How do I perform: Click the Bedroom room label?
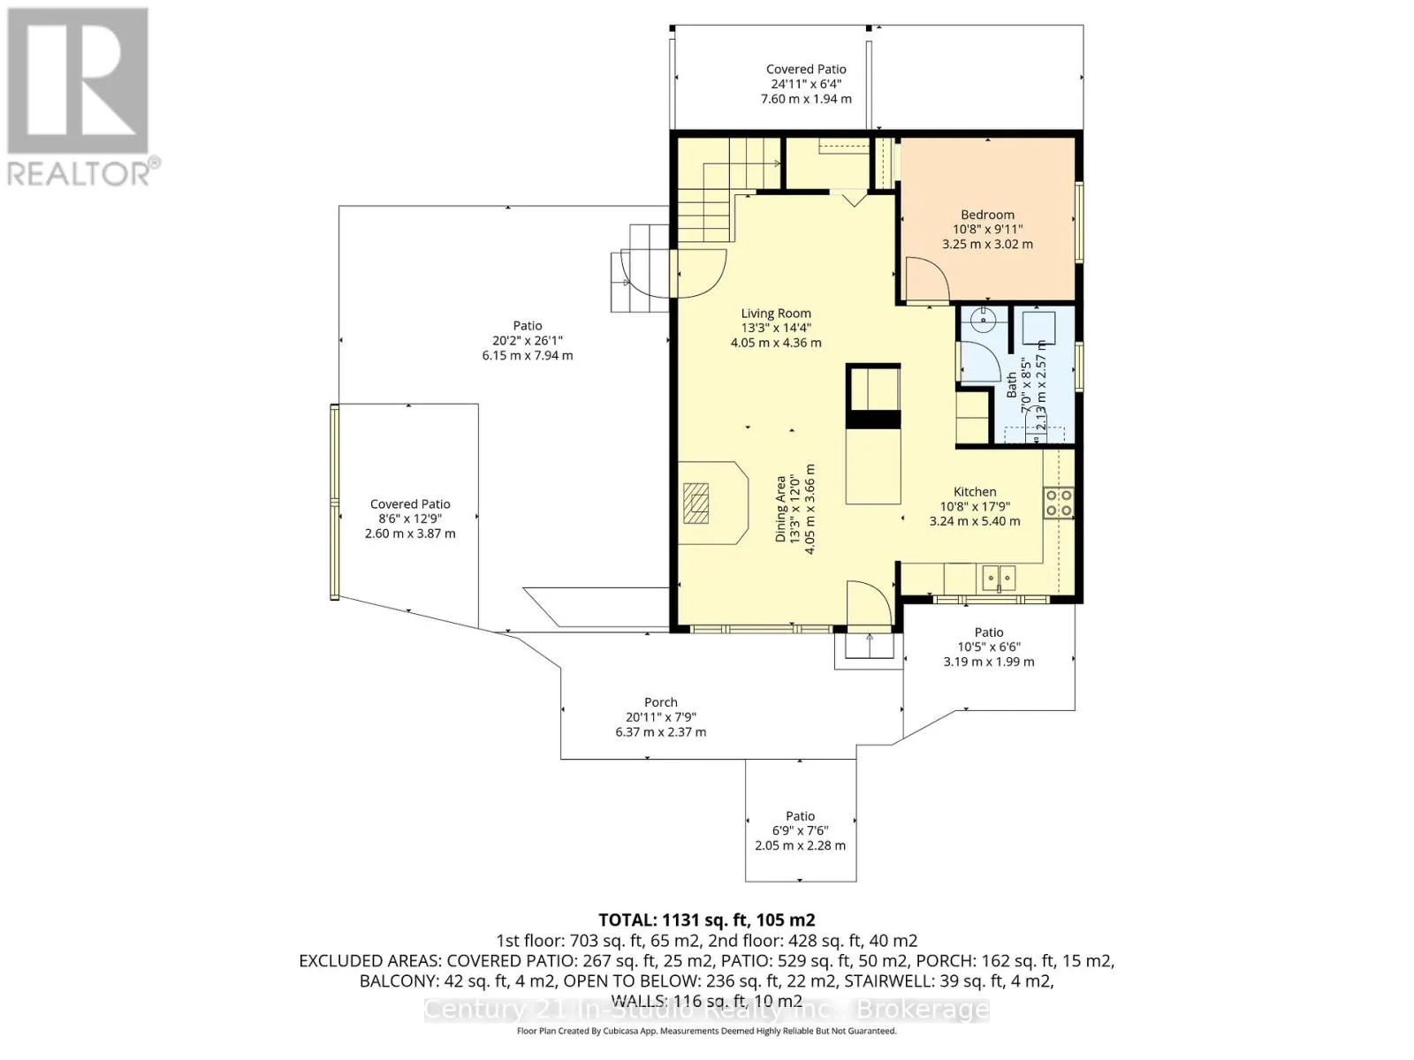coord(987,215)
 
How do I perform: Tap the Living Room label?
coord(776,314)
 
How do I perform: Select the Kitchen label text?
coord(975,492)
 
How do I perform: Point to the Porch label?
coord(661,702)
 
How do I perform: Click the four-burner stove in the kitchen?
coord(1059,503)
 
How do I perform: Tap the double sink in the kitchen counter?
coord(999,578)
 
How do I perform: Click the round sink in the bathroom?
coord(984,319)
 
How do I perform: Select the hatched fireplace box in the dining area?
coord(696,503)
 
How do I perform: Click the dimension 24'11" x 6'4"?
coord(806,84)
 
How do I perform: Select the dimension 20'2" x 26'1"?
coord(527,340)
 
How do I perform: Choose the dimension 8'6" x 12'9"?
coord(410,519)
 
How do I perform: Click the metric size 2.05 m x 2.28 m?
coord(800,845)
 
